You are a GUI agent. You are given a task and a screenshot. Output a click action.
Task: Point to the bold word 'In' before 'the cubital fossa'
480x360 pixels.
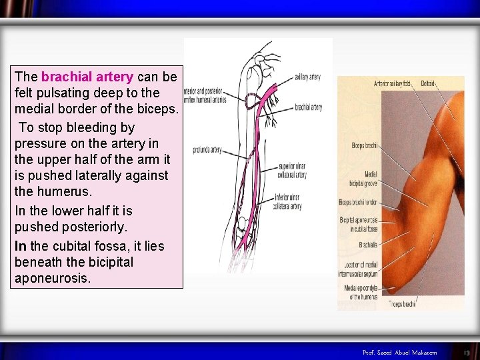[x=21, y=245]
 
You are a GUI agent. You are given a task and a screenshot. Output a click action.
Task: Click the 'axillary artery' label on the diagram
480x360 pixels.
[x=307, y=77]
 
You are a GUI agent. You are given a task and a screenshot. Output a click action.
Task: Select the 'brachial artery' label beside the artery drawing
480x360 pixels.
[x=307, y=107]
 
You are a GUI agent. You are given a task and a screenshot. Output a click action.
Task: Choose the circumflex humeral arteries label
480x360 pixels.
[x=204, y=95]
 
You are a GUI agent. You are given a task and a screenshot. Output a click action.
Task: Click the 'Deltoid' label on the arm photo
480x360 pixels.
[x=428, y=84]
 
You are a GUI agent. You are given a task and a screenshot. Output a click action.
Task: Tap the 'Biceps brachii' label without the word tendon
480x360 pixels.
[x=365, y=145]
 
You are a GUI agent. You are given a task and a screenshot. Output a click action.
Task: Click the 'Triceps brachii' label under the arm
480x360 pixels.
[x=401, y=305]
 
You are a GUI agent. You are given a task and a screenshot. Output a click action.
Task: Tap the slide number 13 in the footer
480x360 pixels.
[x=467, y=352]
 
